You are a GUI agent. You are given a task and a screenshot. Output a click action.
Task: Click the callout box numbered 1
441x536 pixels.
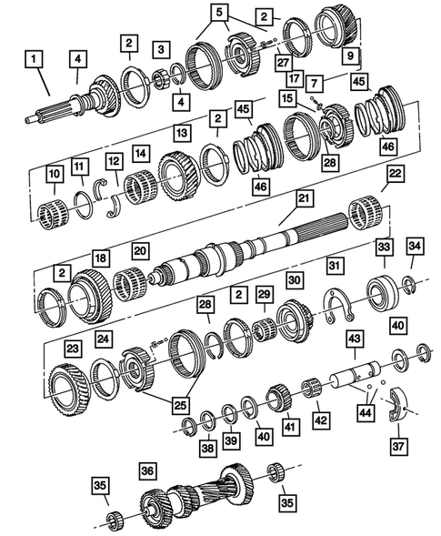tap(34, 61)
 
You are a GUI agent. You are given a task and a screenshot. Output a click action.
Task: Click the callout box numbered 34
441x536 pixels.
tap(414, 246)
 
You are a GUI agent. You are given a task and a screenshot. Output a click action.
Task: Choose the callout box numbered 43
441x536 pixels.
tap(350, 339)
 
